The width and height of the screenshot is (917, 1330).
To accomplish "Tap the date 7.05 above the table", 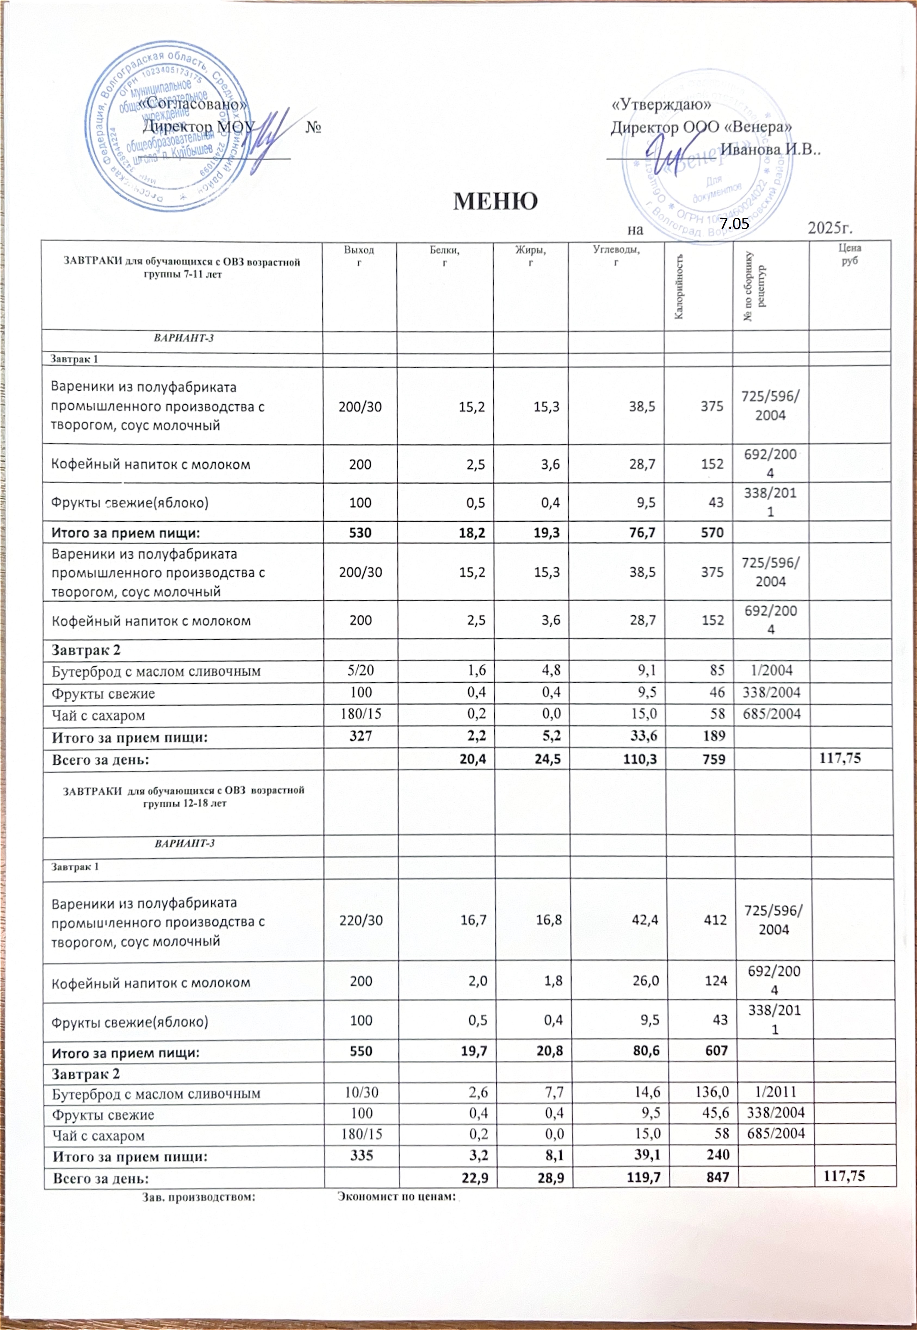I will pyautogui.click(x=735, y=224).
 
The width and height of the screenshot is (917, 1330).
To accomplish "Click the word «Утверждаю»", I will pyautogui.click(x=661, y=105).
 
